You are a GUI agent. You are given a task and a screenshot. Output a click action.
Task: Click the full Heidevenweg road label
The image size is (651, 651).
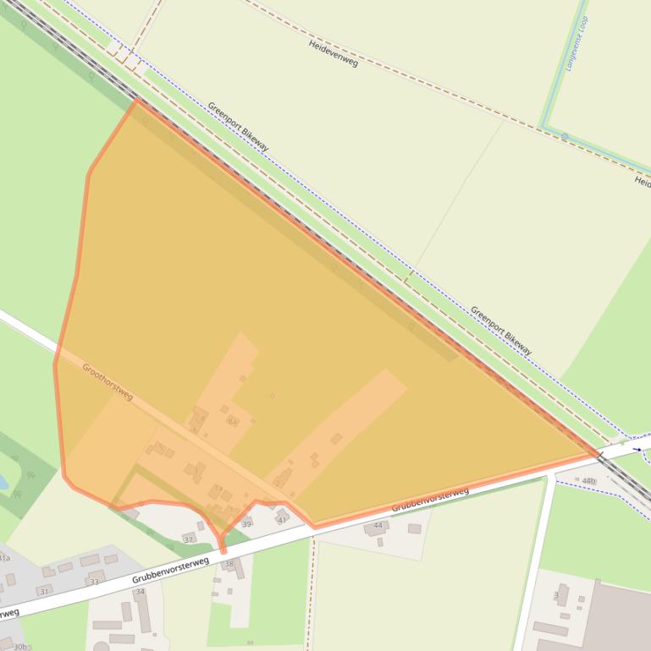[333, 53]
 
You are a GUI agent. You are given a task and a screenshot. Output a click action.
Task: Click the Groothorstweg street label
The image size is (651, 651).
[108, 381]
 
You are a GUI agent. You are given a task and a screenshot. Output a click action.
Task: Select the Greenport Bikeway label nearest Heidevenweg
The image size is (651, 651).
[238, 127]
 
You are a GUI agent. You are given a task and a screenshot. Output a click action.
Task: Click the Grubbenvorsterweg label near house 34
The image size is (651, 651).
[170, 570]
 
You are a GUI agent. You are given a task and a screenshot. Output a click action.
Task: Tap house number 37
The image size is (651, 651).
[188, 539]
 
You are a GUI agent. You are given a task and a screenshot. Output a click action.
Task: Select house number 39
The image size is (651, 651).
[246, 524]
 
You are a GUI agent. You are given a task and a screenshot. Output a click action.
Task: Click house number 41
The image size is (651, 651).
[282, 519]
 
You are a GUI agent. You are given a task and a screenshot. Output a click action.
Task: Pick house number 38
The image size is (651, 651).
[228, 563]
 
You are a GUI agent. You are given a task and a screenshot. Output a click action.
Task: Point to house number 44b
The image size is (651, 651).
[588, 481]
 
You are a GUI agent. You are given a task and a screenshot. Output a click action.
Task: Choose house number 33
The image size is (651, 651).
[93, 582]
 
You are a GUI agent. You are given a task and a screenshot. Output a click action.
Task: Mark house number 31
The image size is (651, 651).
[44, 591]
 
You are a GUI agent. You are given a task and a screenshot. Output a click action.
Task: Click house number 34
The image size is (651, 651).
[141, 592]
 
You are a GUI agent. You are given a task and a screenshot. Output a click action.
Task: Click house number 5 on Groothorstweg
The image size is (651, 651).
[159, 446]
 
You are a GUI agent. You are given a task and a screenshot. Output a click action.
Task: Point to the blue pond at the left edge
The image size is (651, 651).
[3, 483]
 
